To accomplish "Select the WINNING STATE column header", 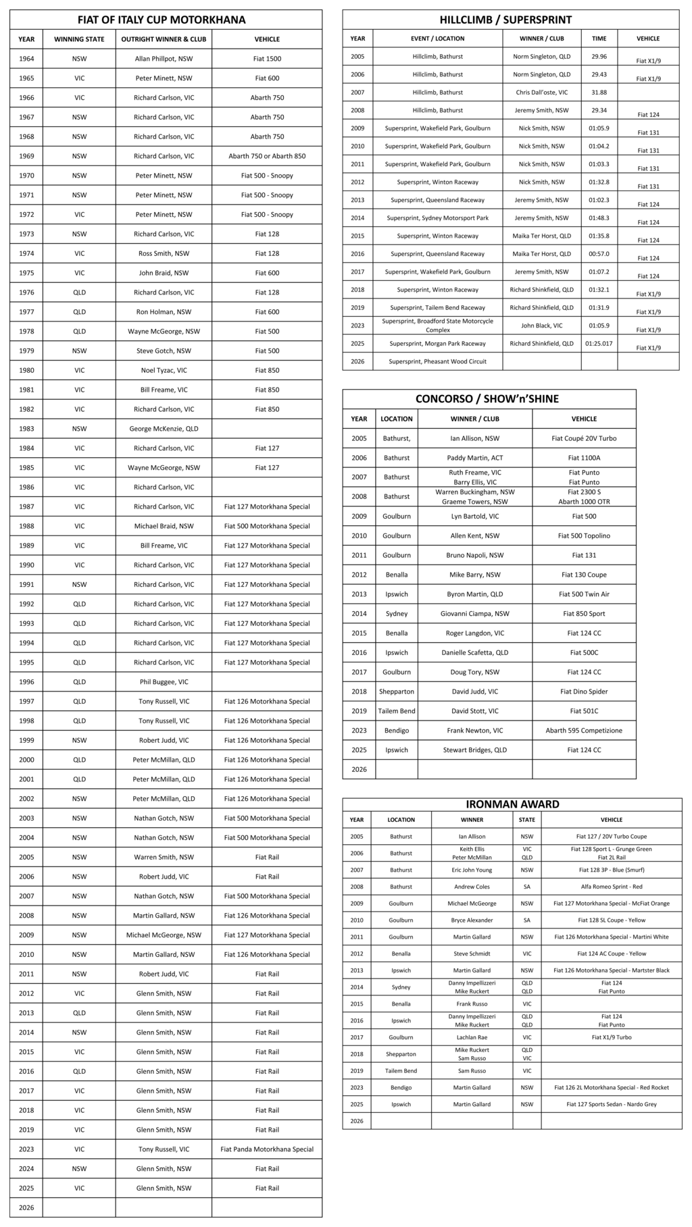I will click(x=79, y=39).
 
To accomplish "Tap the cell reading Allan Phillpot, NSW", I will click(x=164, y=59).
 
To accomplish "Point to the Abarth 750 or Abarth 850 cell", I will click(x=267, y=156).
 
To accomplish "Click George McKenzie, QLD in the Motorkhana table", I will click(x=164, y=429).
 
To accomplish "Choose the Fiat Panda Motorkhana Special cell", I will click(x=267, y=1149).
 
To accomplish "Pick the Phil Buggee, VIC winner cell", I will click(x=164, y=682).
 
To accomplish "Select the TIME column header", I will click(x=599, y=38).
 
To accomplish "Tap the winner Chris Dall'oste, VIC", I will click(x=541, y=93).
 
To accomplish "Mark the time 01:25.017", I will click(x=599, y=344).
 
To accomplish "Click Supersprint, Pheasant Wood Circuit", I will click(x=437, y=361).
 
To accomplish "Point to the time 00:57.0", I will click(x=599, y=254).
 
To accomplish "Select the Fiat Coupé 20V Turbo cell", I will click(x=584, y=438).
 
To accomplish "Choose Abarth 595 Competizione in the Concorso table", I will click(x=584, y=731).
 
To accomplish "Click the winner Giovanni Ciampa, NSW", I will click(x=474, y=614).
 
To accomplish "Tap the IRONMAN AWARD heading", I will click(x=512, y=804).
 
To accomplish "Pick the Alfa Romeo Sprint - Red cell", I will click(x=612, y=887).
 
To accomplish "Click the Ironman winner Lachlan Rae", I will click(x=472, y=1037).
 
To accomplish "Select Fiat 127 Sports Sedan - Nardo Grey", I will click(x=612, y=1104).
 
